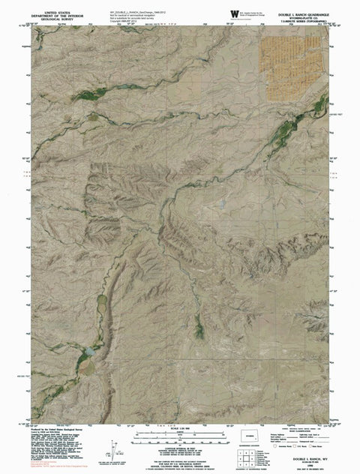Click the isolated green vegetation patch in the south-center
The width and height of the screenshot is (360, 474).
click(198, 326)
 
